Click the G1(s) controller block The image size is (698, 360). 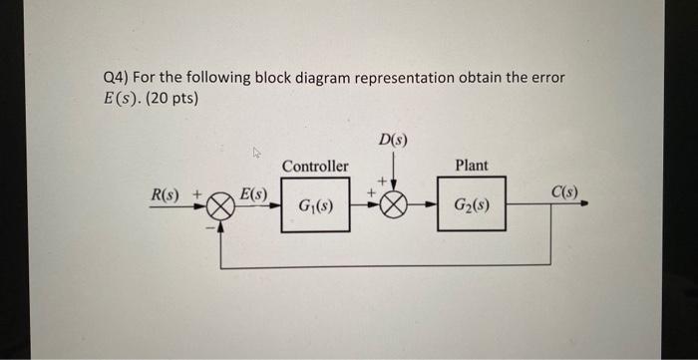click(315, 206)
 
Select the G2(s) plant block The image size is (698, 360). click(471, 206)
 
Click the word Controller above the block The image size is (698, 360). click(315, 166)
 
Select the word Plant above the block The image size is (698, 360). click(471, 165)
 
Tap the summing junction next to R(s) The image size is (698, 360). click(221, 206)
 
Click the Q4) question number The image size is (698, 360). click(118, 78)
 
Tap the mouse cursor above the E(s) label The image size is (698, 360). click(257, 153)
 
